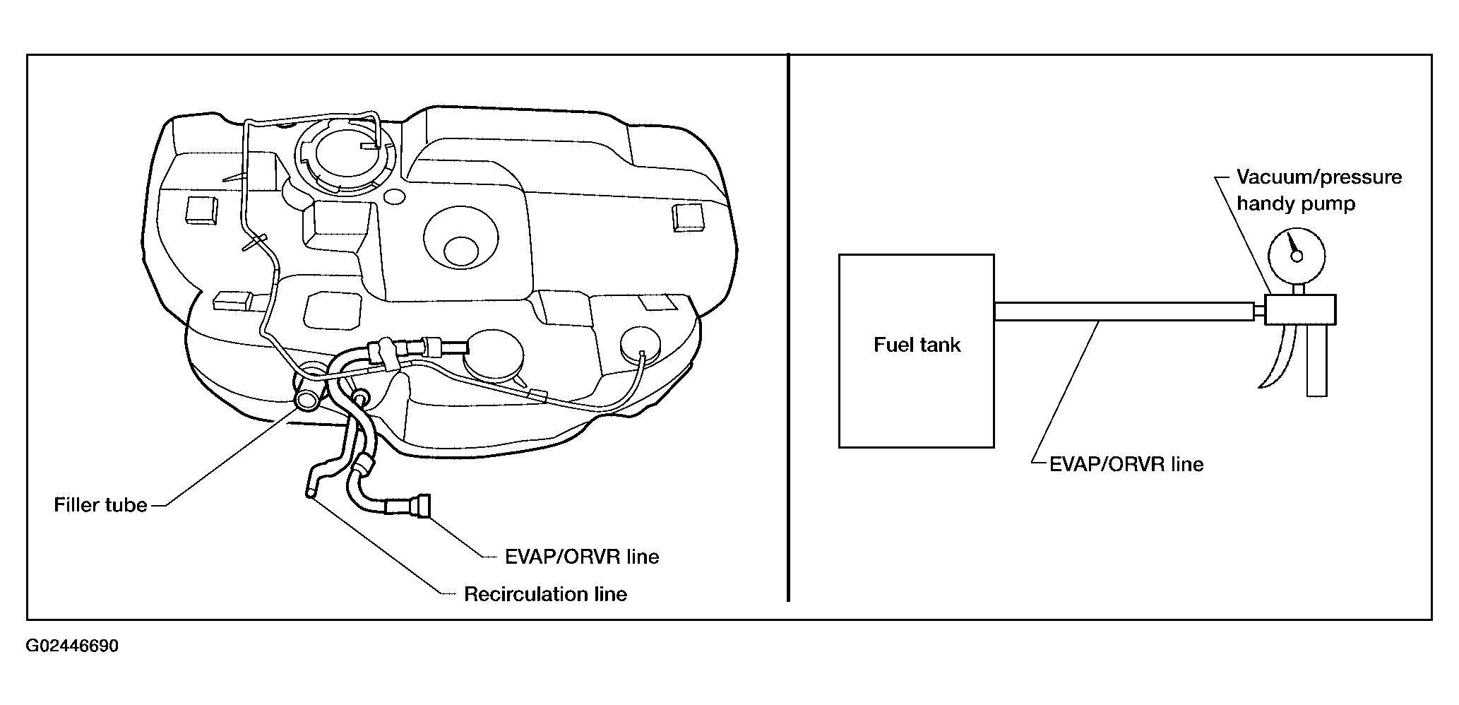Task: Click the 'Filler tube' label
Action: (100, 505)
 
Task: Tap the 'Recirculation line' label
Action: (545, 594)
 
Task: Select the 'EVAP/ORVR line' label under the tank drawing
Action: (582, 557)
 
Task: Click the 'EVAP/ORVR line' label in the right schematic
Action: (1126, 464)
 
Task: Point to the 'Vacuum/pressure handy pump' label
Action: (1318, 190)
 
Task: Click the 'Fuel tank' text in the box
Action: (917, 345)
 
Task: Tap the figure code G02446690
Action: (72, 646)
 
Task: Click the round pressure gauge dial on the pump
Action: (1296, 257)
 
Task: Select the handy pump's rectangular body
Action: (1299, 309)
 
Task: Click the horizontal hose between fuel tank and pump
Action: (1124, 311)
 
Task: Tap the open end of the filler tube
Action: (308, 401)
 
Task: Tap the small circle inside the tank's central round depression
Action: (461, 251)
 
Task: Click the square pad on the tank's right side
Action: (689, 218)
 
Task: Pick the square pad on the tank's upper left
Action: (201, 211)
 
